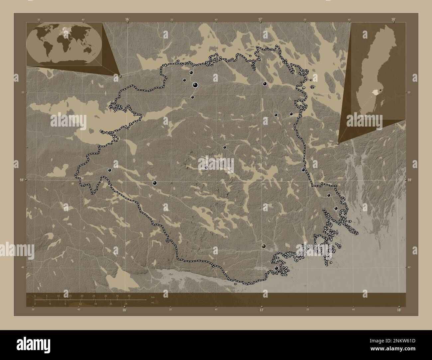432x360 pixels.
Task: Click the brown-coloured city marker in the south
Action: tap(264, 246)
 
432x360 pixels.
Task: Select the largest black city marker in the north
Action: tap(195, 85)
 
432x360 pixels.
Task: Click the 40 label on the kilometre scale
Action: tap(129, 296)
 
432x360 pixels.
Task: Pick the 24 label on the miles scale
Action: tap(126, 304)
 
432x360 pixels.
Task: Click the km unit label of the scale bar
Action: tap(153, 298)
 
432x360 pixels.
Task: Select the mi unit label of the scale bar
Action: tap(153, 302)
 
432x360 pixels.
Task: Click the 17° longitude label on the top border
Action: tap(260, 19)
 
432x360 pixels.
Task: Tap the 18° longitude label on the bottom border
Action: tap(399, 310)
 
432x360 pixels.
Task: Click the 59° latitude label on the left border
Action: tap(22, 180)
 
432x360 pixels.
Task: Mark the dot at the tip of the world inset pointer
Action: tap(120, 76)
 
